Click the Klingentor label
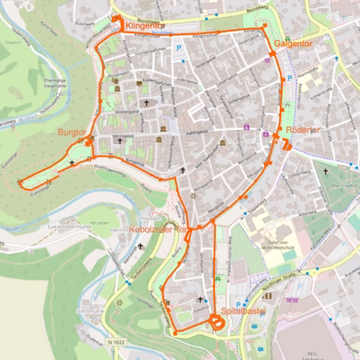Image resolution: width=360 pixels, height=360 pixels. point(143,27)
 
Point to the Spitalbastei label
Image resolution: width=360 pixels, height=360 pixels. point(241,310)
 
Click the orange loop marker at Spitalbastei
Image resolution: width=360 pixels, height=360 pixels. point(216,324)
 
